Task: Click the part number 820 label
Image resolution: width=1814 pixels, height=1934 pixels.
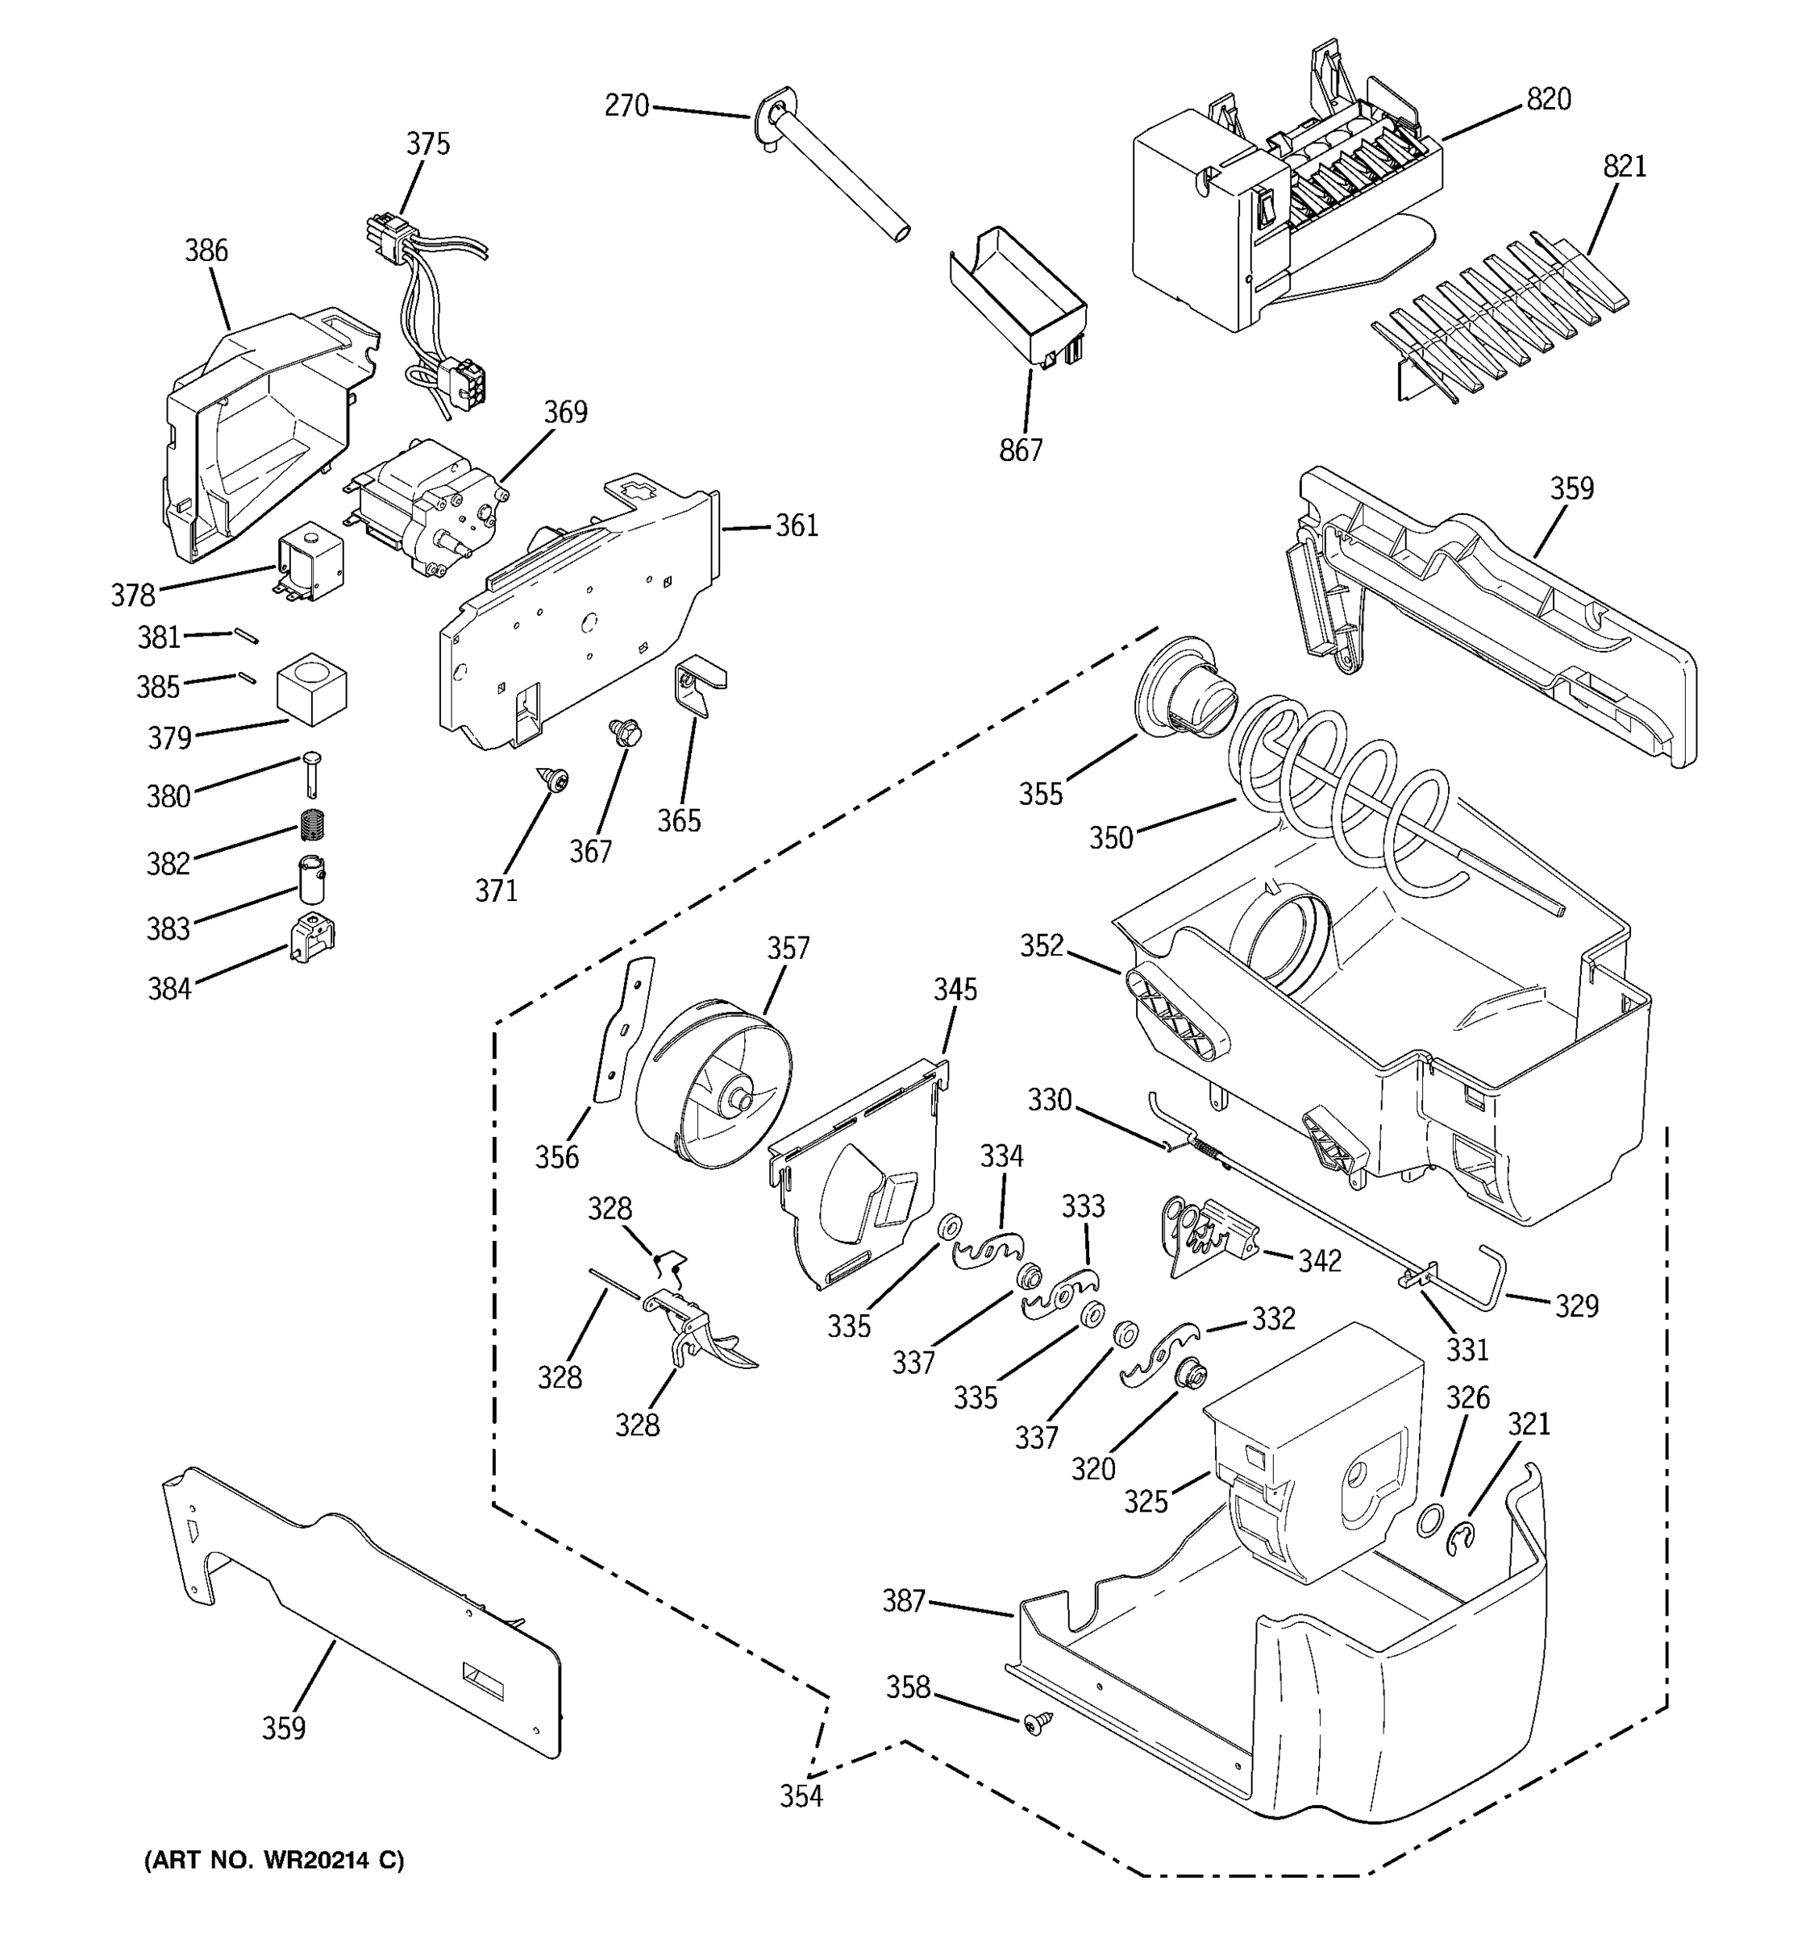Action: tap(1548, 99)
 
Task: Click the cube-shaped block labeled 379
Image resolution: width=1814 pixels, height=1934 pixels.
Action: tap(311, 689)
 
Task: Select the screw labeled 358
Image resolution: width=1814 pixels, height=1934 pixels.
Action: tap(1035, 1724)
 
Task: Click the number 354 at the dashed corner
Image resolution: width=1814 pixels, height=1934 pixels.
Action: tap(801, 1797)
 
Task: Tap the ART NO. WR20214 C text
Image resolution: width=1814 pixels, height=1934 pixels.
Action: tap(274, 1860)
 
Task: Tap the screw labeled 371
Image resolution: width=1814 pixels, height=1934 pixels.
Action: tap(555, 778)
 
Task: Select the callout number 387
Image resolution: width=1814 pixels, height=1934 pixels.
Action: tap(903, 1600)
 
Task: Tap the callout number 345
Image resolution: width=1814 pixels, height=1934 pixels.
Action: tap(955, 990)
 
